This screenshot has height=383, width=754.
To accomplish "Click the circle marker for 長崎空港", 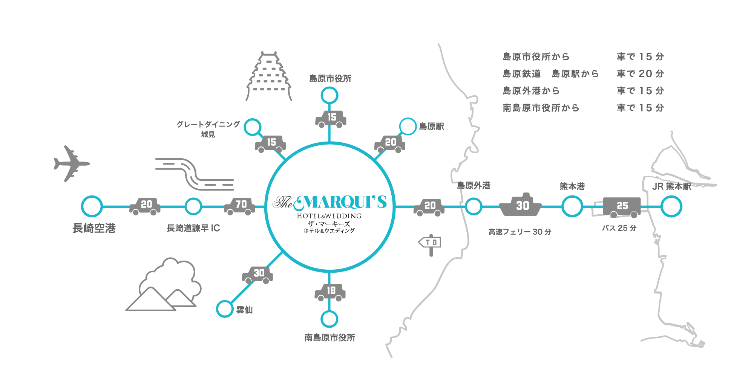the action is pyautogui.click(x=92, y=206).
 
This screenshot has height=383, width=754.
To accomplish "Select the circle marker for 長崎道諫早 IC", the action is pyautogui.click(x=193, y=206).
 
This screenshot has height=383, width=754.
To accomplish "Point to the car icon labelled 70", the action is pyautogui.click(x=240, y=206).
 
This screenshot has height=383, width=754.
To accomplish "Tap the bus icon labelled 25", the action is pyautogui.click(x=621, y=207).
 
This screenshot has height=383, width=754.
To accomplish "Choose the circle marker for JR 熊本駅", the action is pyautogui.click(x=671, y=207).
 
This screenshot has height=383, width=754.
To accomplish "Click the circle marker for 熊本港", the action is pyautogui.click(x=572, y=207).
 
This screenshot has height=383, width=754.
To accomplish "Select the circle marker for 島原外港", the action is pyautogui.click(x=474, y=206).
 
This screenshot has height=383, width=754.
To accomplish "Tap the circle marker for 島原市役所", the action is pyautogui.click(x=329, y=96).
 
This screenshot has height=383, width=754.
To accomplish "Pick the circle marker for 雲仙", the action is pyautogui.click(x=225, y=309).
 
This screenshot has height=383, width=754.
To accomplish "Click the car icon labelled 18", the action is pyautogui.click(x=330, y=292).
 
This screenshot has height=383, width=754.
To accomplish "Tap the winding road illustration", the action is pyautogui.click(x=194, y=174).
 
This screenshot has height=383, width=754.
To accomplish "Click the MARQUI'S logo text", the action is pyautogui.click(x=330, y=202).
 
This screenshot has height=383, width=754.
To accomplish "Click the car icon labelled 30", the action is pyautogui.click(x=258, y=274).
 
